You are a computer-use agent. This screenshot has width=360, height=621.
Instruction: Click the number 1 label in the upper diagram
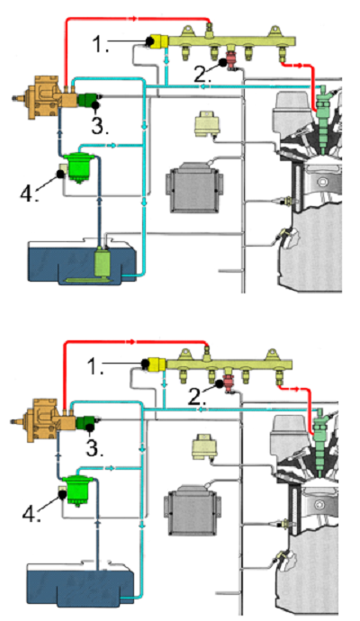(101, 44)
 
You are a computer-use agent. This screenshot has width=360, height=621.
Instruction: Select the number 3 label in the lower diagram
(94, 448)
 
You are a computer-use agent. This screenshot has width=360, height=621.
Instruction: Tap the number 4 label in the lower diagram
(31, 514)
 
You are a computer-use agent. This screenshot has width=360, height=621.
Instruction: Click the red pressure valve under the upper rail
(231, 60)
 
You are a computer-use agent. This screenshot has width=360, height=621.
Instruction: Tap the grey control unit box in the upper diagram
(194, 188)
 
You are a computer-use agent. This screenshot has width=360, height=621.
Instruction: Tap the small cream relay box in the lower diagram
(204, 446)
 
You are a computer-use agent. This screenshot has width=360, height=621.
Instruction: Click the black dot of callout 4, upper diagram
(61, 174)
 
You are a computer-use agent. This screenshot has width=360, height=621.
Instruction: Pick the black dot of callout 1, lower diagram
(145, 363)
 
